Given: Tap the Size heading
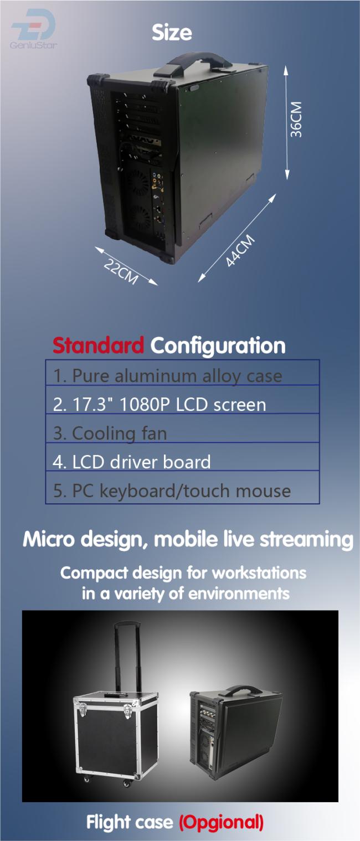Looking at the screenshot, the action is click(x=172, y=33).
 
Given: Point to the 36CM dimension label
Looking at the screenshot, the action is click(x=296, y=120).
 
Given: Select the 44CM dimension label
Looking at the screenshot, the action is click(x=240, y=251).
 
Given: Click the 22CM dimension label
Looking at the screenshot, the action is click(x=121, y=271).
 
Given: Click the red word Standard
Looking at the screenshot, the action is click(x=99, y=345).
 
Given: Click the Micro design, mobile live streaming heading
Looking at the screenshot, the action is click(x=188, y=539).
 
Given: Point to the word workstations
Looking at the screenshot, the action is click(x=259, y=573).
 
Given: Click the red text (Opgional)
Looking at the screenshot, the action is click(x=221, y=822).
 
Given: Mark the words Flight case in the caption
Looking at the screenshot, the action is click(x=130, y=822).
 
